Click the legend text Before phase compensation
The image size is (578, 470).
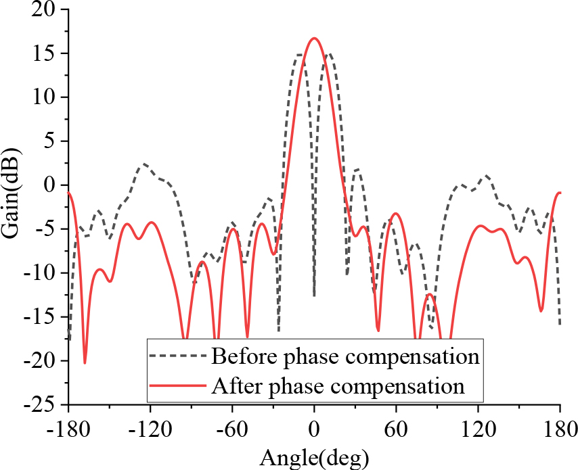click(345, 356)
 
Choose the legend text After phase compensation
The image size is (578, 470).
click(338, 386)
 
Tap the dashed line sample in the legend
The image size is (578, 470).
click(177, 356)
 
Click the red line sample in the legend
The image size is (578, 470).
click(177, 386)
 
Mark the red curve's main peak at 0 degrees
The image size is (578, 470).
click(314, 39)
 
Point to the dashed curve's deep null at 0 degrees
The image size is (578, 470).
click(314, 295)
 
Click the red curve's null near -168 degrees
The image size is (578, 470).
click(85, 362)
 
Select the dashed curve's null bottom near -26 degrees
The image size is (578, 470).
click(279, 330)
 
